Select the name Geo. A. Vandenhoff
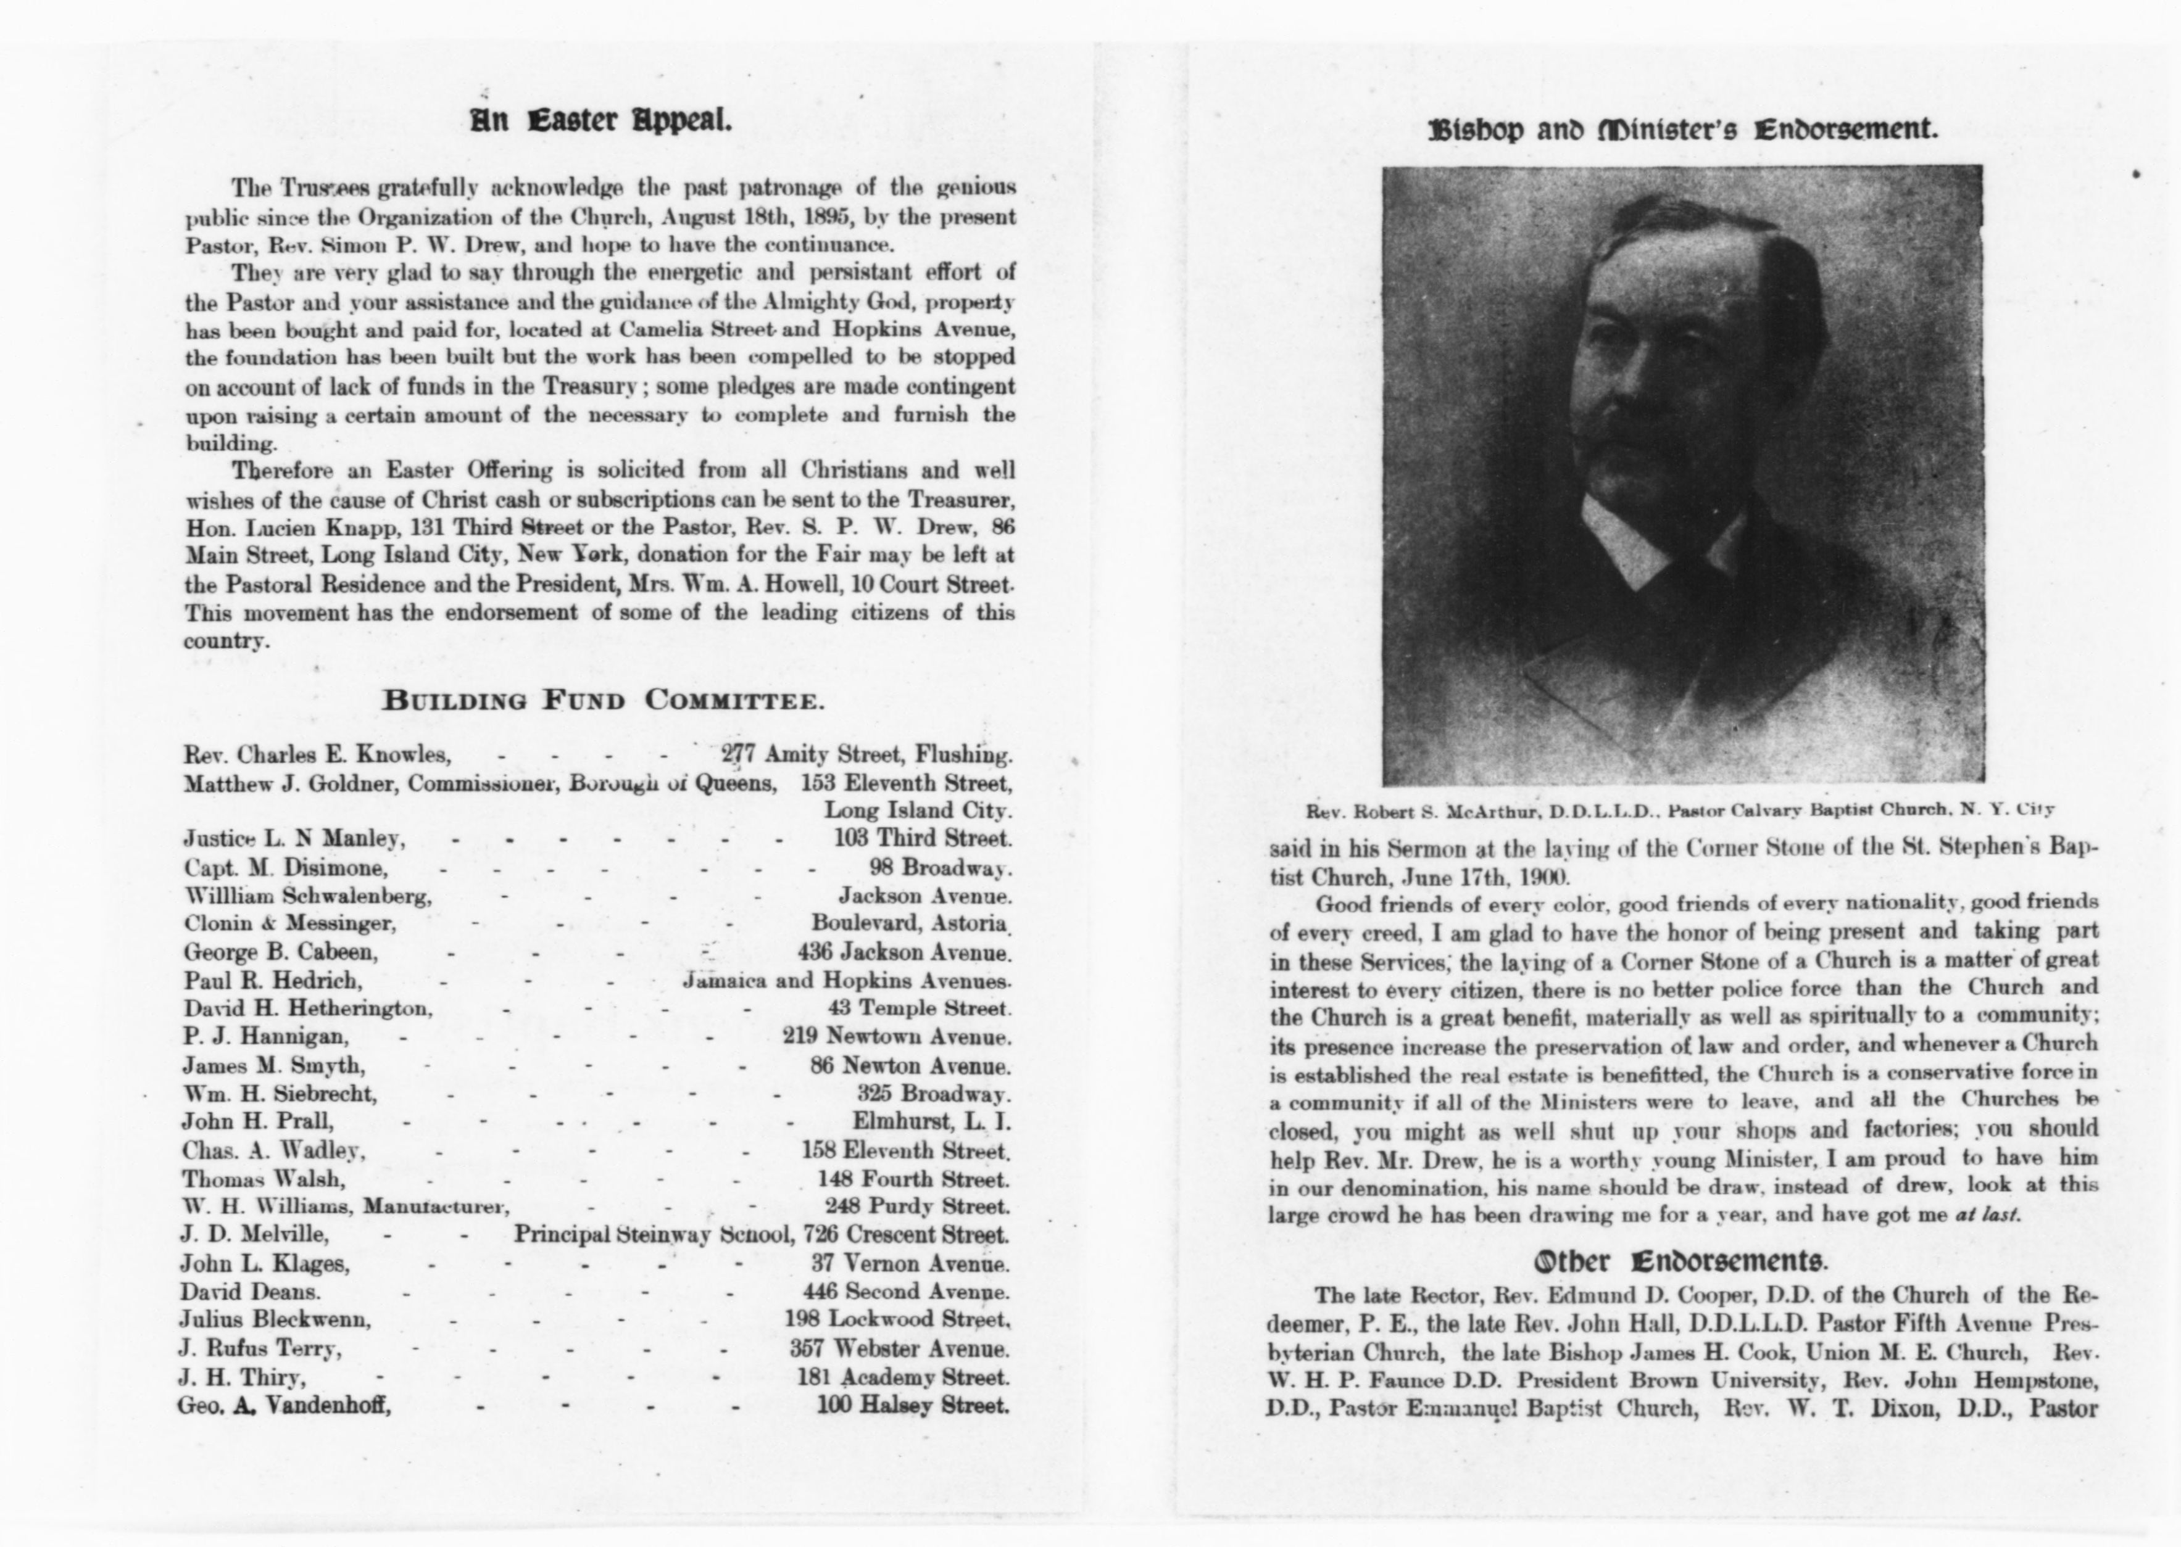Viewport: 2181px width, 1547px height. pos(284,1405)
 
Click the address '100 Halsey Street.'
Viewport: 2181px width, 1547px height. pos(913,1405)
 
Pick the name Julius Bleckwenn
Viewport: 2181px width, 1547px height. pos(275,1320)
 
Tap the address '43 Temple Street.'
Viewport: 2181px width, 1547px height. pos(918,1009)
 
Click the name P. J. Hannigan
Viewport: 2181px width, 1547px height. pos(265,1036)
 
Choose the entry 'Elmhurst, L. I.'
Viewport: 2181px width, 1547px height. pos(931,1122)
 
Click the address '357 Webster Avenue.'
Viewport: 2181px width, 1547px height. pos(899,1349)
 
